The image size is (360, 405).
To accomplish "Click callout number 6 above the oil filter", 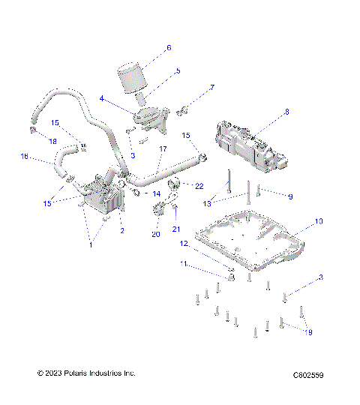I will pyautogui.click(x=169, y=47).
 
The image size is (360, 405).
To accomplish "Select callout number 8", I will pyautogui.click(x=286, y=112).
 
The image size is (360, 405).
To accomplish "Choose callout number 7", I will pyautogui.click(x=211, y=88).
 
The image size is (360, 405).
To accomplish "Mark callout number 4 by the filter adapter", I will pyautogui.click(x=102, y=97).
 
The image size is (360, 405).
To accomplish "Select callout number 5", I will pyautogui.click(x=178, y=71).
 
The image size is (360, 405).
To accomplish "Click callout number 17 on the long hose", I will pyautogui.click(x=163, y=149).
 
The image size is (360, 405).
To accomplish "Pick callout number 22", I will pyautogui.click(x=199, y=185).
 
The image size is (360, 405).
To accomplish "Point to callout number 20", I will pyautogui.click(x=156, y=235).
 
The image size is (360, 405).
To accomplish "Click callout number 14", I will pyautogui.click(x=156, y=193).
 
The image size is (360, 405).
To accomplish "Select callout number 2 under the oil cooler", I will pyautogui.click(x=122, y=230).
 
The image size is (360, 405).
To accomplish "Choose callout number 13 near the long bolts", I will pyautogui.click(x=208, y=203).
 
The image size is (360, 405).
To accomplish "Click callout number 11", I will pyautogui.click(x=182, y=264).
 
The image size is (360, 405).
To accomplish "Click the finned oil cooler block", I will pyautogui.click(x=103, y=197).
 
